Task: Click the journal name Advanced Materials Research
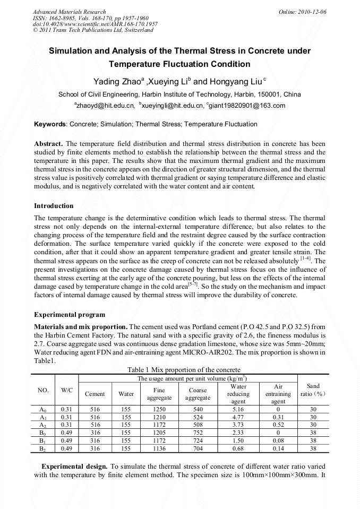coord(69,11)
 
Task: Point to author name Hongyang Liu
coord(238,82)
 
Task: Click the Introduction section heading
coord(54,205)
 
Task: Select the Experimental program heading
coord(69,314)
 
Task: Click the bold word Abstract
coord(48,144)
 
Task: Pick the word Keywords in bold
coord(50,124)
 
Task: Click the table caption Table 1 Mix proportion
coord(184,369)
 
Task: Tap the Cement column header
coord(95,394)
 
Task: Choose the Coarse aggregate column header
coord(198,394)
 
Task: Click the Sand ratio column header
coord(313,390)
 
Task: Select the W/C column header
coord(66,390)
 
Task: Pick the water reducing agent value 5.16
coord(238,409)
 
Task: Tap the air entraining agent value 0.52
coord(278,425)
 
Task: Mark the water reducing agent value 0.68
coord(238,448)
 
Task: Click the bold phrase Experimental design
coord(75,465)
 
